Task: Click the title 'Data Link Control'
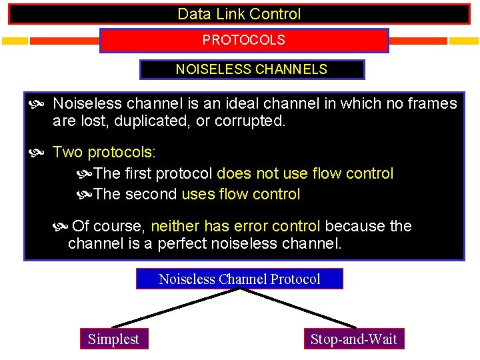click(239, 14)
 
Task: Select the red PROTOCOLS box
click(243, 40)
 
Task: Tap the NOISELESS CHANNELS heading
click(251, 69)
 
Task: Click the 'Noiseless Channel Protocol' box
click(239, 279)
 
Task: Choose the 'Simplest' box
click(113, 339)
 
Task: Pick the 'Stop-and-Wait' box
click(353, 339)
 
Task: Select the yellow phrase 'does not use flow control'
click(305, 173)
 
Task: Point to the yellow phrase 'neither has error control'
click(236, 226)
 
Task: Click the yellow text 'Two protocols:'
click(104, 152)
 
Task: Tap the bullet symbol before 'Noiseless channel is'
click(38, 104)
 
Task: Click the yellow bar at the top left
click(15, 41)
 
